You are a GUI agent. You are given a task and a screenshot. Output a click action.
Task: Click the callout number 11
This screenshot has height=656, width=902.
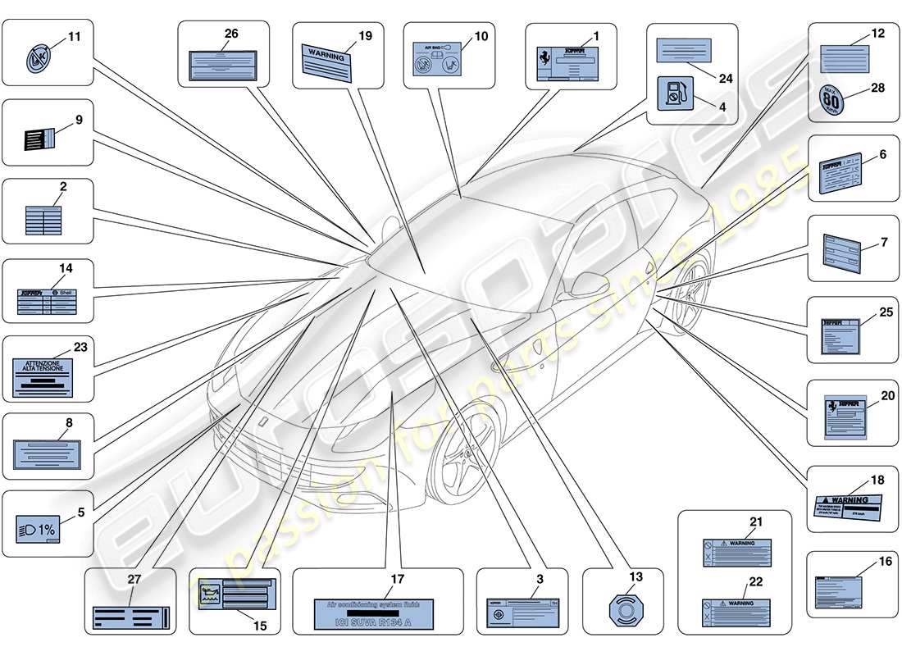pos(75,37)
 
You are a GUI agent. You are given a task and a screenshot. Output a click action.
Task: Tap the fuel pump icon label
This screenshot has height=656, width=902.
pos(675,93)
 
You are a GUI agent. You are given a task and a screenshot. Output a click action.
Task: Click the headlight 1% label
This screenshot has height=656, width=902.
pos(37,531)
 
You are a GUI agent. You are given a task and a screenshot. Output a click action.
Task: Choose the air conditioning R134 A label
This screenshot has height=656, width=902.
pos(374,613)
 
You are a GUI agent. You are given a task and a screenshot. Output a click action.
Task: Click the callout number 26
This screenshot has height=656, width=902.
pos(231,34)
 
